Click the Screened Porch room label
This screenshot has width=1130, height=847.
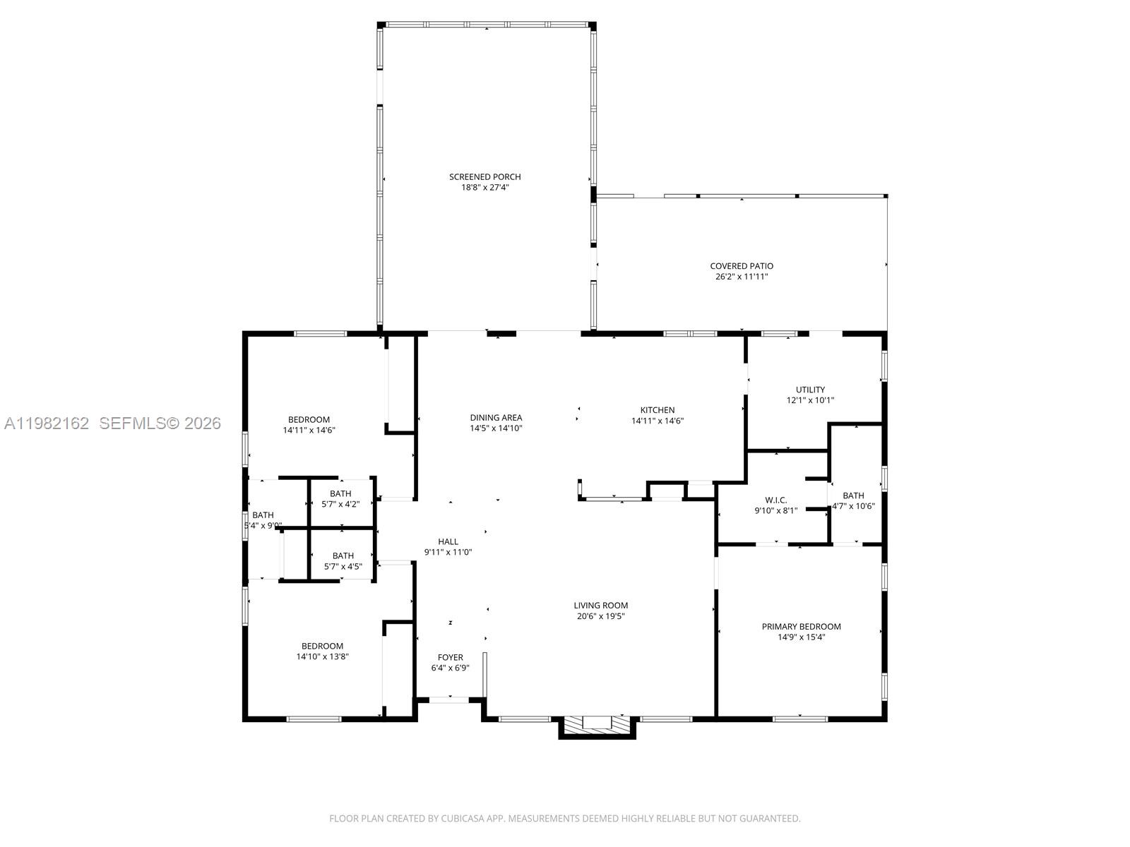(484, 176)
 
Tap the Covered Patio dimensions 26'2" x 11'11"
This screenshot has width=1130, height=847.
(742, 277)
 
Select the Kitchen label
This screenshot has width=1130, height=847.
(657, 410)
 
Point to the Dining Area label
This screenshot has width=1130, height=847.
(496, 417)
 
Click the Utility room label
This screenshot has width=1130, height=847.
(810, 390)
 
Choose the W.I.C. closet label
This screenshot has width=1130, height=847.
(775, 500)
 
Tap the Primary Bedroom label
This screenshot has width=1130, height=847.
(801, 626)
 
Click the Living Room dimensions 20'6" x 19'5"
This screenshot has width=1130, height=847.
(600, 616)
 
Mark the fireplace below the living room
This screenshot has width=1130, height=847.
(597, 725)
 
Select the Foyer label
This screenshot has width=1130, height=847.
(450, 657)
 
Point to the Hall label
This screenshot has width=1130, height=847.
(448, 541)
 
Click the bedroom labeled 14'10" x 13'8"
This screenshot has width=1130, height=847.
(322, 651)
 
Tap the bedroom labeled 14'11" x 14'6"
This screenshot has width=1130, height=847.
(309, 424)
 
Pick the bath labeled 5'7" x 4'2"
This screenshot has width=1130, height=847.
(340, 498)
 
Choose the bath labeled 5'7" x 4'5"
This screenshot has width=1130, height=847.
(343, 560)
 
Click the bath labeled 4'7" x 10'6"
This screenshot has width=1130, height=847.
(853, 500)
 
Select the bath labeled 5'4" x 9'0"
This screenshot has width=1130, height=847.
(262, 520)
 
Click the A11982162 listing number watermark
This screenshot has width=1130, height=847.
(47, 423)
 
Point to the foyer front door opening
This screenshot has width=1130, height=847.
(449, 699)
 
